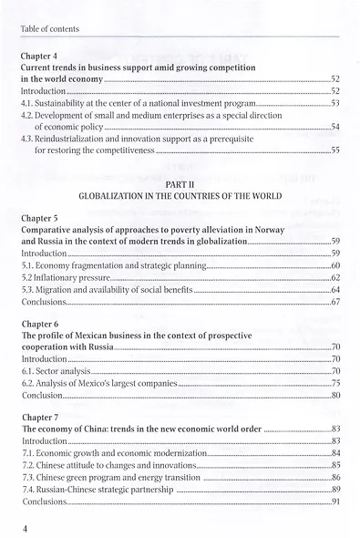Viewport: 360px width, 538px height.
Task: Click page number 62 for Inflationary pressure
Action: (334, 276)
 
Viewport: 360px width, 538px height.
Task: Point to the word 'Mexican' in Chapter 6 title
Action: (90, 336)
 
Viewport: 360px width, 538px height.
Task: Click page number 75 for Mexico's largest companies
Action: (334, 386)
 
